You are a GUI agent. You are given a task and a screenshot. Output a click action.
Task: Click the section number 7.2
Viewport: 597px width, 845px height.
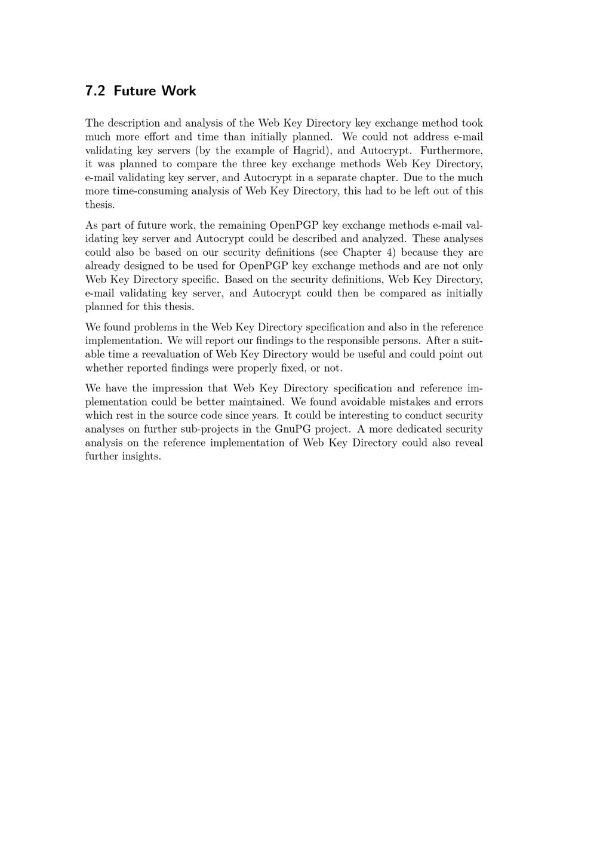pyautogui.click(x=95, y=91)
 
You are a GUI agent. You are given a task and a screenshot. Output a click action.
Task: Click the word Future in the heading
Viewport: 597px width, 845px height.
pyautogui.click(x=133, y=91)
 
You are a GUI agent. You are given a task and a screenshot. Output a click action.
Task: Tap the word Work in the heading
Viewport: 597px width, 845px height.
pyautogui.click(x=178, y=91)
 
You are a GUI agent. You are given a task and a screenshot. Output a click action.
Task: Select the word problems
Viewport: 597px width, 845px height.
pyautogui.click(x=158, y=327)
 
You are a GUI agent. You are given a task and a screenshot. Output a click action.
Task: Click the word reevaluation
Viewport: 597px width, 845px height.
pyautogui.click(x=173, y=354)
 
